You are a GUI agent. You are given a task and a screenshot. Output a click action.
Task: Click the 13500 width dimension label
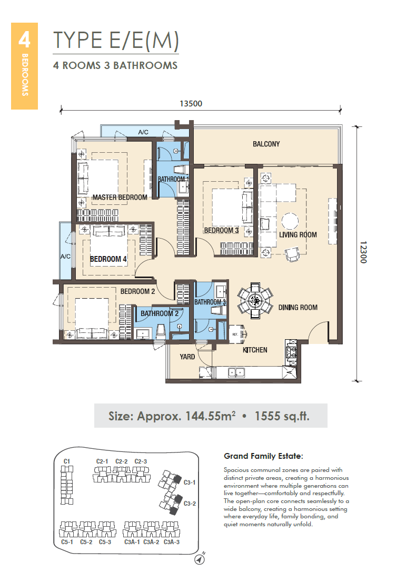tap(191, 104)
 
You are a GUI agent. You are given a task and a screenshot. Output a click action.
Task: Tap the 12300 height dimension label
tap(363, 252)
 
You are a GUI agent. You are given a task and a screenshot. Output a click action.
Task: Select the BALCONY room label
tap(266, 144)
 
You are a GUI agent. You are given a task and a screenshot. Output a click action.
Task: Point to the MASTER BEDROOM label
tap(120, 198)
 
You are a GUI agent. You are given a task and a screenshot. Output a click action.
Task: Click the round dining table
tap(255, 300)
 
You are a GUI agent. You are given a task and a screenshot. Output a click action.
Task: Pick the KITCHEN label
tap(255, 350)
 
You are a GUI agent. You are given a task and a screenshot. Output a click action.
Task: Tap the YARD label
tap(187, 357)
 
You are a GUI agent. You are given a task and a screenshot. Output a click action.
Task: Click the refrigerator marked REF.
tap(236, 334)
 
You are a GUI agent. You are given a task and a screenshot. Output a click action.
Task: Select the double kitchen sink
tap(236, 372)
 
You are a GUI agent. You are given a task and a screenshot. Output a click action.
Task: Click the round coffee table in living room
tap(290, 221)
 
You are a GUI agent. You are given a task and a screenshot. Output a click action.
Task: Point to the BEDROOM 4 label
tap(108, 259)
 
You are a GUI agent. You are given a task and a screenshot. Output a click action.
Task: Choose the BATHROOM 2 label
tap(160, 313)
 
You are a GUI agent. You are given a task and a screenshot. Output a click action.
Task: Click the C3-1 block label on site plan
tap(190, 483)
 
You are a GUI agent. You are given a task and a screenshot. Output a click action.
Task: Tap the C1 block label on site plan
tap(67, 461)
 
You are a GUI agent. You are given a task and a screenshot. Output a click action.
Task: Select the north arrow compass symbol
tap(200, 558)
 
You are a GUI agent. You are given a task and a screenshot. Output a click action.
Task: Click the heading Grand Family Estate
tap(263, 456)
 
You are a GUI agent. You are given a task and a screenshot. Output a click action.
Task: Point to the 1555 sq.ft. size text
tap(282, 416)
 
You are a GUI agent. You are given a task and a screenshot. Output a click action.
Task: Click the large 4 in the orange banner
tap(24, 40)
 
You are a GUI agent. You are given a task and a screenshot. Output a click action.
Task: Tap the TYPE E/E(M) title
tap(116, 40)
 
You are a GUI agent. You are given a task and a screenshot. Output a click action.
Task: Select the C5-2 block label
tap(86, 542)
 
